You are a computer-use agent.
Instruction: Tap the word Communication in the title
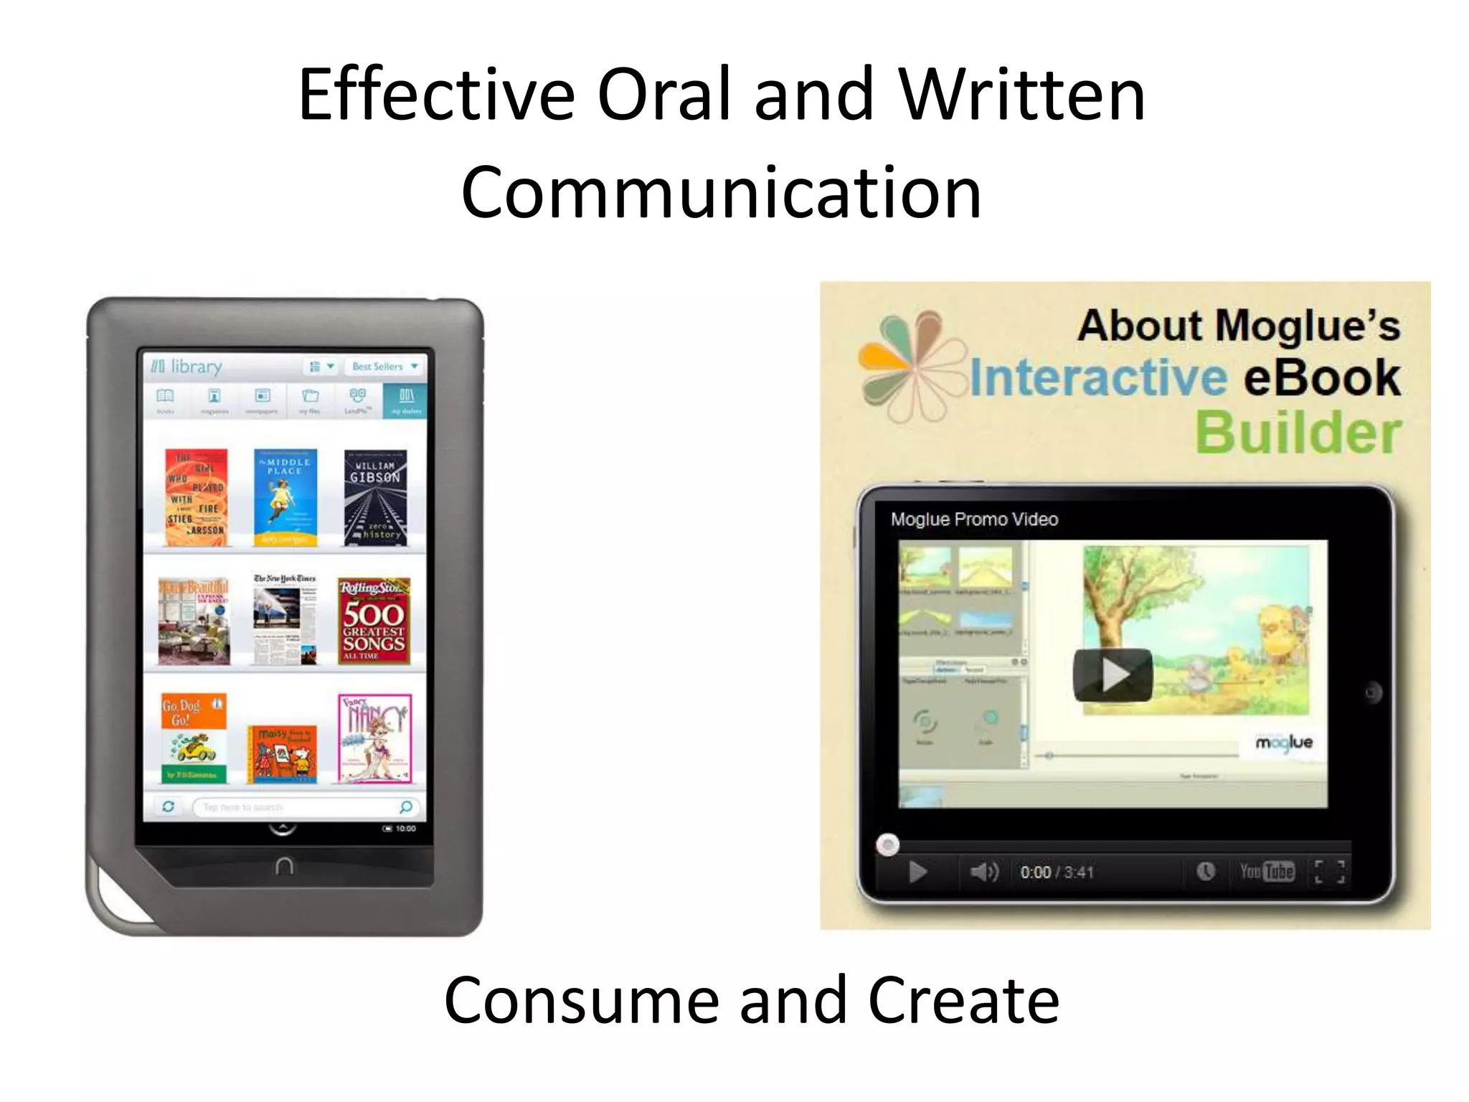721,192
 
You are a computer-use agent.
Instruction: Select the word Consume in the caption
582,1000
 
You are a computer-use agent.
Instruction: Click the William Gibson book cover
375,497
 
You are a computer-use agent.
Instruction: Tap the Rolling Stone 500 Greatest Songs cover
374,621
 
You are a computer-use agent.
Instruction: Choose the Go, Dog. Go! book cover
194,737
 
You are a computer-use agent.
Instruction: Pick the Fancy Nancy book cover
374,738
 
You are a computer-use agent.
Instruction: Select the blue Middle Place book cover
285,497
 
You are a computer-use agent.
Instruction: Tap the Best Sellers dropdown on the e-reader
384,367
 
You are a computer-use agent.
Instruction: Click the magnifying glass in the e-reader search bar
406,807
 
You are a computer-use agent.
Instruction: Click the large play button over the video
1113,675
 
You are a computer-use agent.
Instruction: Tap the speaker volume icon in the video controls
983,872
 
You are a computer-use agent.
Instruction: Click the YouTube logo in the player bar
1267,872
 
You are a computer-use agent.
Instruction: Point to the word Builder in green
1298,433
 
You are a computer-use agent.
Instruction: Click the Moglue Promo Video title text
974,519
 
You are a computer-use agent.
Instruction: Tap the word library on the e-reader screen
195,367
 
